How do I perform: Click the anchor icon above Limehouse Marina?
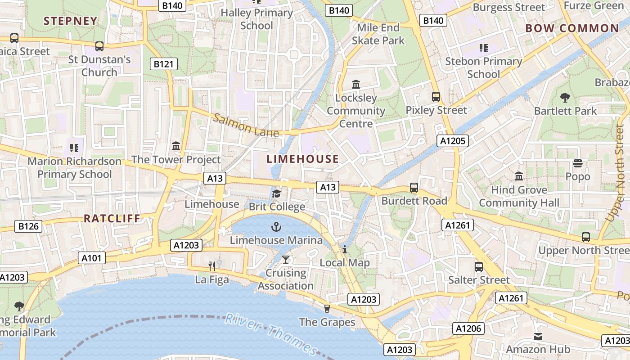pyautogui.click(x=276, y=226)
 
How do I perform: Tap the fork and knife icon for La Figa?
pyautogui.click(x=212, y=266)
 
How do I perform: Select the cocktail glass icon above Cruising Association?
pyautogui.click(x=285, y=259)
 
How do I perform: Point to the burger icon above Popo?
pyautogui.click(x=578, y=163)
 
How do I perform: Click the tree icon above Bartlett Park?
pyautogui.click(x=565, y=97)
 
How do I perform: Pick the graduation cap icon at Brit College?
pyautogui.click(x=276, y=193)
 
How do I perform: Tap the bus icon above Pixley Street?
pyautogui.click(x=436, y=96)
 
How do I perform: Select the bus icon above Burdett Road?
pyautogui.click(x=414, y=188)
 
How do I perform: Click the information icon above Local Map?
pyautogui.click(x=345, y=249)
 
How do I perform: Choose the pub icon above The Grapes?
pyautogui.click(x=327, y=308)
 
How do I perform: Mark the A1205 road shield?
pyautogui.click(x=453, y=141)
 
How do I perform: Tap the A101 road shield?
pyautogui.click(x=92, y=258)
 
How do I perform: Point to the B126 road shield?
pyautogui.click(x=30, y=226)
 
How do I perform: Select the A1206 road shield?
pyautogui.click(x=468, y=328)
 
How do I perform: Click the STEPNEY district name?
pyautogui.click(x=70, y=21)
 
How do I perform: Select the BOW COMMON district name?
pyautogui.click(x=572, y=28)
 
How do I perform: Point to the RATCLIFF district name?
pyautogui.click(x=112, y=219)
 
